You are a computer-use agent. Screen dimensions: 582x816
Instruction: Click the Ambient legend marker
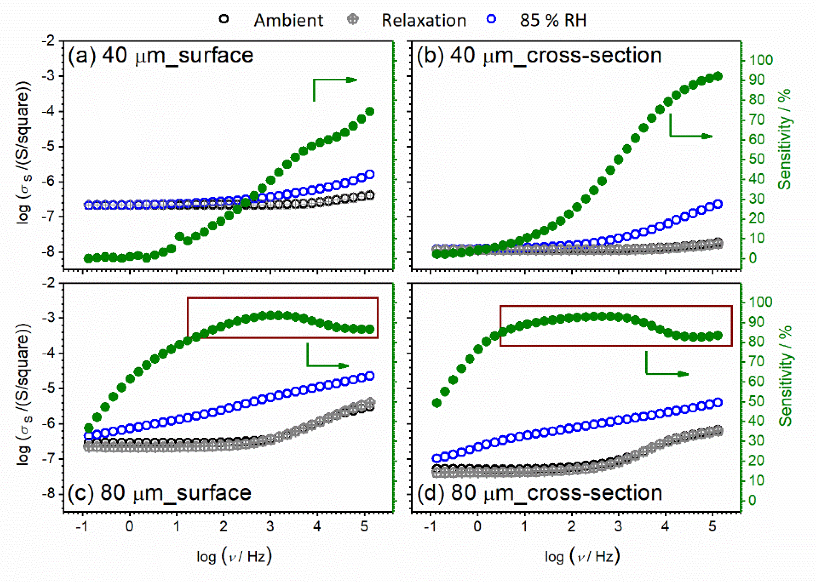224,19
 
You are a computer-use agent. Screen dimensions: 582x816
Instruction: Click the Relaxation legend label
423,20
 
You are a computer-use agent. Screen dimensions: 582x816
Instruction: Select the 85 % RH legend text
553,20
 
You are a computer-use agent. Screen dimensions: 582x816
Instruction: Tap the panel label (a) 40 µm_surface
161,56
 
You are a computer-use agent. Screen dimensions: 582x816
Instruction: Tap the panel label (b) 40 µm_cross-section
539,56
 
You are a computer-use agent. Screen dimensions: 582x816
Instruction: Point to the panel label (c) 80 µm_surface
160,493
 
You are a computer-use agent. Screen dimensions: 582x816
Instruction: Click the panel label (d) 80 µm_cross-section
539,493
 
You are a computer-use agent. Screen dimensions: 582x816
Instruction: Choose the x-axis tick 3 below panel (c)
270,526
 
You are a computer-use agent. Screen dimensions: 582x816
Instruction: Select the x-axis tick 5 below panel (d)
712,526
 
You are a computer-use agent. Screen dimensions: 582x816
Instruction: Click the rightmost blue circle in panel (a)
370,175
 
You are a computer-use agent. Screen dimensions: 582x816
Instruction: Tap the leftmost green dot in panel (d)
437,403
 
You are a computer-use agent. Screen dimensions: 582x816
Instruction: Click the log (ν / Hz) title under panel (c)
234,556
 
